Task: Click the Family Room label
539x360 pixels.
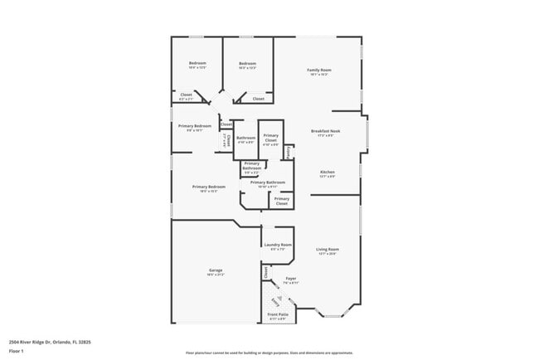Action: (x=318, y=70)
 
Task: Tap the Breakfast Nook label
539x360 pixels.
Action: (x=326, y=131)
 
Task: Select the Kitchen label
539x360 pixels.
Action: (x=328, y=172)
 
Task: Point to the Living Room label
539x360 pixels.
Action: (x=328, y=249)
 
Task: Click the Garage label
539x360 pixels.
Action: (x=216, y=270)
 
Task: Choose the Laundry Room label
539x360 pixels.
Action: (x=278, y=245)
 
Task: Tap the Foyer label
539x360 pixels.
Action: (x=290, y=278)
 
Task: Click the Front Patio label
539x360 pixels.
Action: (x=278, y=314)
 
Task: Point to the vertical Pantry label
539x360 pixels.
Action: (x=288, y=152)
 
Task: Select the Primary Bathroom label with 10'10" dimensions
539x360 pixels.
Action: (x=268, y=182)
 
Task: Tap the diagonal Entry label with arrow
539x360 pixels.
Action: (x=274, y=300)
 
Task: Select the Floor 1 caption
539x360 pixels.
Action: (x=17, y=351)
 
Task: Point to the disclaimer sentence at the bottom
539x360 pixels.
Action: (x=269, y=353)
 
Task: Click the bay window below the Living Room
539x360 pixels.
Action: (x=334, y=314)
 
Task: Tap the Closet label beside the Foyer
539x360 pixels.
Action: (x=266, y=271)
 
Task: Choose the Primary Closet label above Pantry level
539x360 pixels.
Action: (x=270, y=139)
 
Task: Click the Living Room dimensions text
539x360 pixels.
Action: (x=328, y=254)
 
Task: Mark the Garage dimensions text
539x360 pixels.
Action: (x=216, y=275)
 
